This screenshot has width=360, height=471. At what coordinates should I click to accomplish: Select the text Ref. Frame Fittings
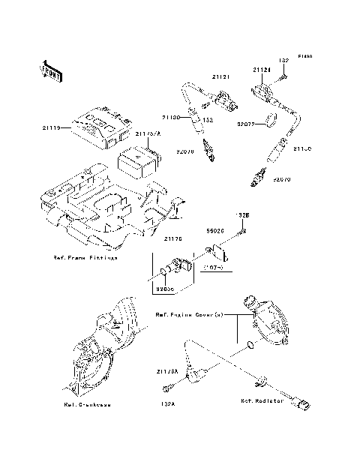point(85,257)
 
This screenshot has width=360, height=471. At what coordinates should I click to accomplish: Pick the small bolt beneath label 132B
point(241,231)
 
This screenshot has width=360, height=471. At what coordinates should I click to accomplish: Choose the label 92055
point(166,286)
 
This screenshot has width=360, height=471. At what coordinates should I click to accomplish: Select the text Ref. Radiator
point(262,401)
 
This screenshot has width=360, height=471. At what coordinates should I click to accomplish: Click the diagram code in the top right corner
point(304,57)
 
